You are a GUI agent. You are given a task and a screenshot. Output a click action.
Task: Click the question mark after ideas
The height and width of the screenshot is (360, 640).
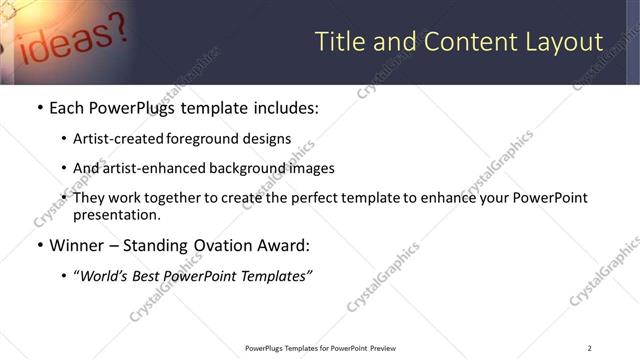pos(113,27)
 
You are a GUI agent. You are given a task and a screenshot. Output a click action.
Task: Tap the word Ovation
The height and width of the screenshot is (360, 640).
pos(225,245)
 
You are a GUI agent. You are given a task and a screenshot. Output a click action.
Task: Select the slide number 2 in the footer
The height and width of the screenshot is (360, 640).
pos(589,348)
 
